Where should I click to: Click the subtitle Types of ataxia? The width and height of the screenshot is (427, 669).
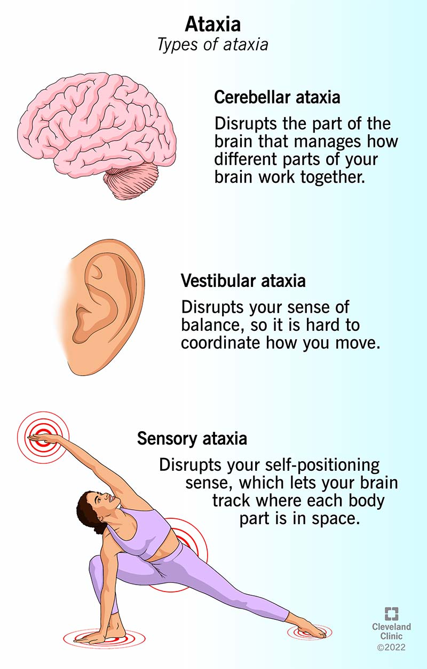[213, 44]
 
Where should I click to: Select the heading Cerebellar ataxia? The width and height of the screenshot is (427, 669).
[277, 97]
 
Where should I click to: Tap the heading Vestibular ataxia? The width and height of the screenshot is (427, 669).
[243, 281]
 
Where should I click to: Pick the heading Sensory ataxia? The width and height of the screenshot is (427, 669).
[192, 439]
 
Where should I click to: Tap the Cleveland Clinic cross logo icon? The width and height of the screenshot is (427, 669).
[391, 613]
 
